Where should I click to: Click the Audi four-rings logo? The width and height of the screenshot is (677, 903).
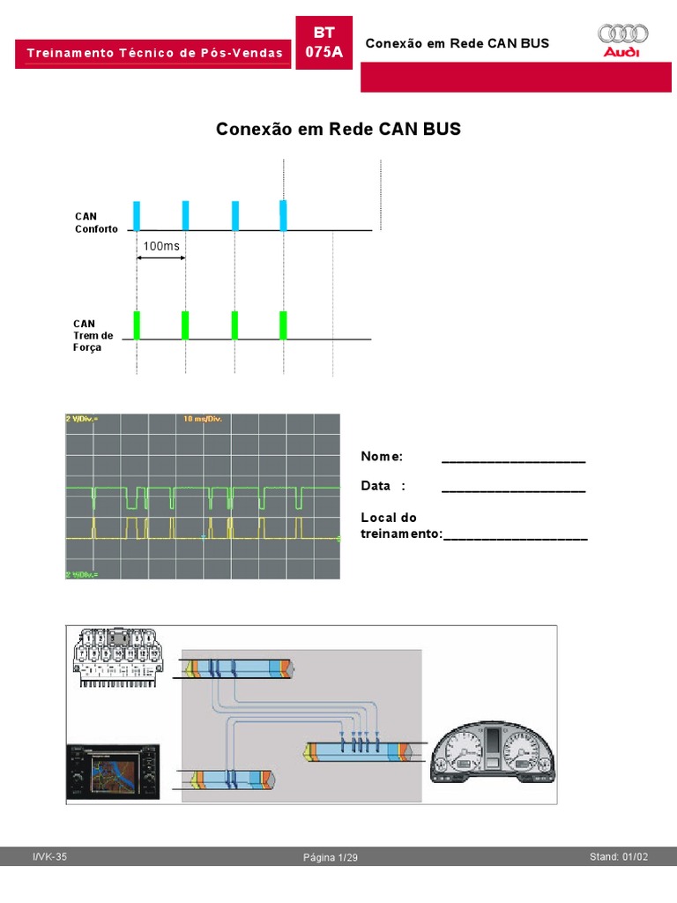click(x=623, y=34)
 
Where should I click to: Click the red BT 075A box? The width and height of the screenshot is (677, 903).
click(x=324, y=42)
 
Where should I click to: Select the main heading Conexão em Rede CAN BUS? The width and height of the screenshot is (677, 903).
click(x=338, y=130)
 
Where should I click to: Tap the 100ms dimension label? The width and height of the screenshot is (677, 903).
click(x=160, y=246)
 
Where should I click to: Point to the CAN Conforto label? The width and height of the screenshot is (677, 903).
click(x=95, y=222)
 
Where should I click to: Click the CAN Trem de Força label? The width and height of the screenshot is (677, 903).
click(x=93, y=335)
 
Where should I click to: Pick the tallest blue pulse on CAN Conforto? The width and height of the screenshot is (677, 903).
click(x=283, y=215)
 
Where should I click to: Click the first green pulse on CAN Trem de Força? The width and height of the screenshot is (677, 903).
click(x=137, y=325)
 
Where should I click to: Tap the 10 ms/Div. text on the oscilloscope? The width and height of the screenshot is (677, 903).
click(x=203, y=419)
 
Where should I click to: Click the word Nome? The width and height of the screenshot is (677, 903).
click(x=382, y=456)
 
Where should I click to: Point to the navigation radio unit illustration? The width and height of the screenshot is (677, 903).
click(x=115, y=772)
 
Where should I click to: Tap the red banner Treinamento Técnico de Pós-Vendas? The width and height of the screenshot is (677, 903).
click(x=155, y=53)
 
